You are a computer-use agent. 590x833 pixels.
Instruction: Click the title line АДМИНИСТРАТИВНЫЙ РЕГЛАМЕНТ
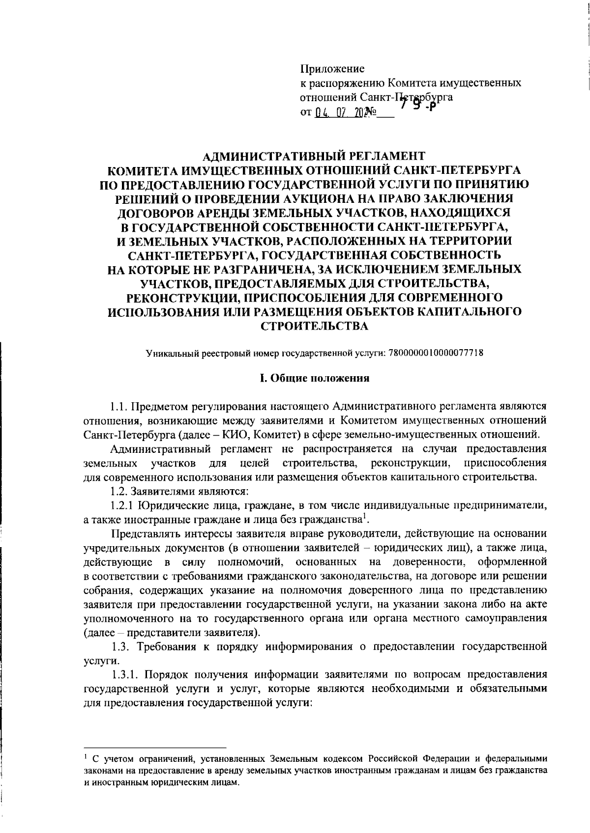(314, 157)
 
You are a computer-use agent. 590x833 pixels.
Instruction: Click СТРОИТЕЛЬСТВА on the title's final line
(314, 326)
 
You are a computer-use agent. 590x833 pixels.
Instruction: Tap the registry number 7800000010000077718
(435, 353)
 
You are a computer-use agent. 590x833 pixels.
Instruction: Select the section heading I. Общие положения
(314, 378)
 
